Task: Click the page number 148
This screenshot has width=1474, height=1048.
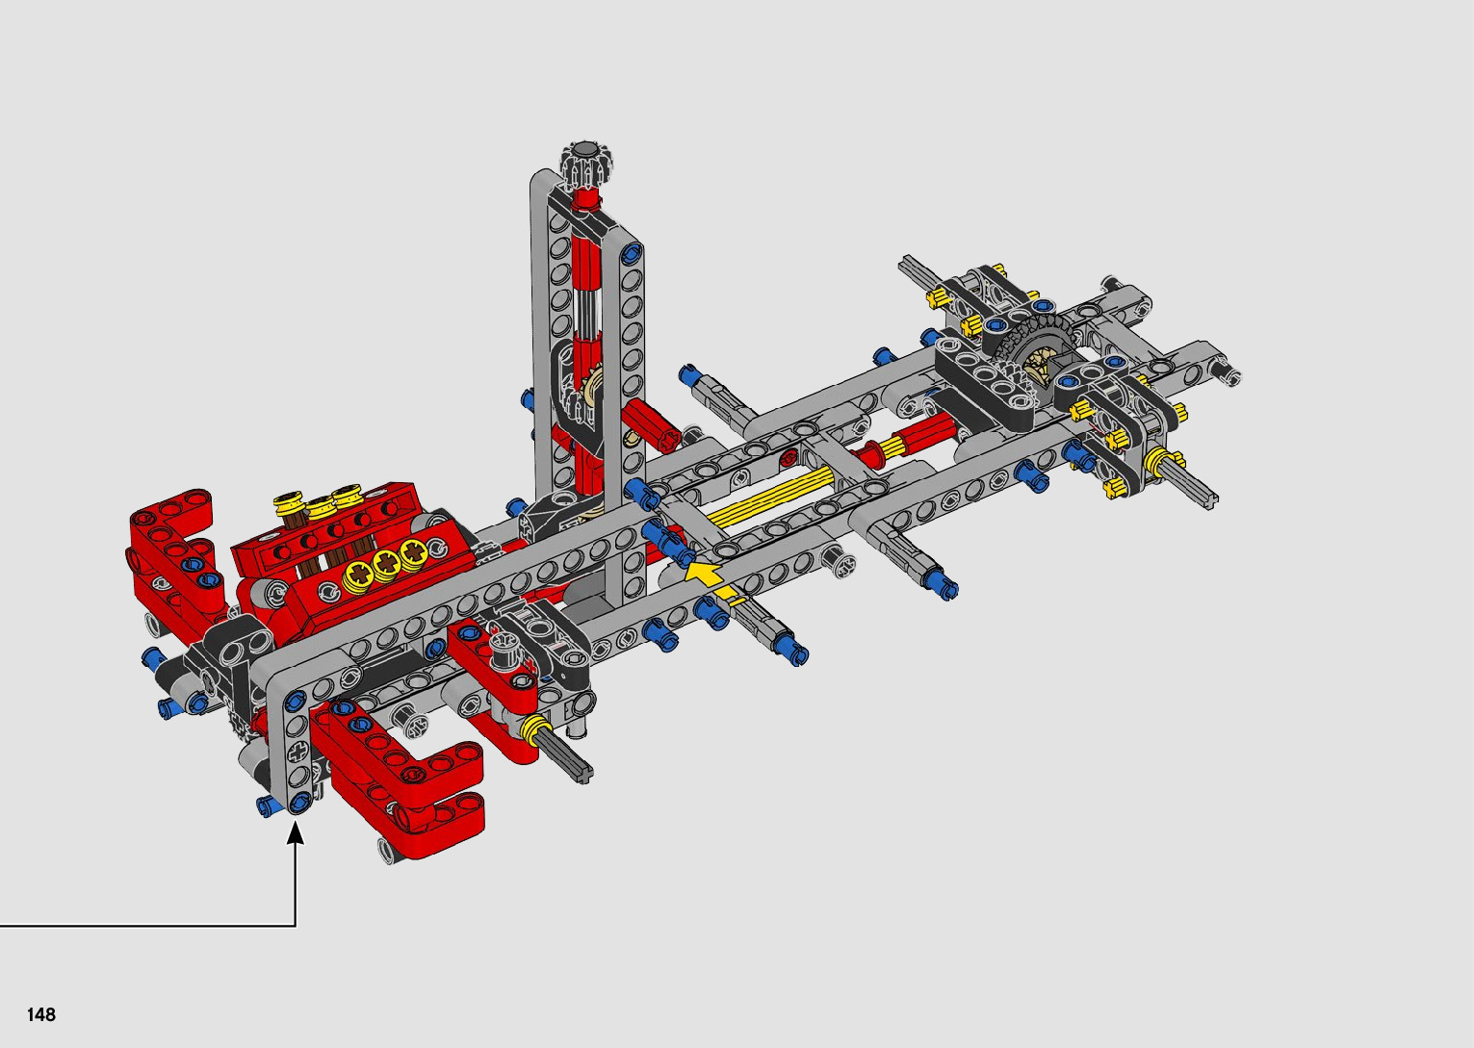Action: [x=40, y=1013]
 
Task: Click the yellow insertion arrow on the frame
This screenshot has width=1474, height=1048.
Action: [x=710, y=579]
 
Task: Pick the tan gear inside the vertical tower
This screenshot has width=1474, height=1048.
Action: [x=592, y=388]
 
